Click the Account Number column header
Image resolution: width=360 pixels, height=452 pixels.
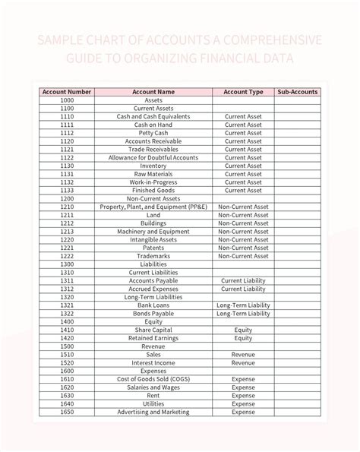pos(67,92)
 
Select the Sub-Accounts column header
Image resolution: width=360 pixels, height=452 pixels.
pos(297,92)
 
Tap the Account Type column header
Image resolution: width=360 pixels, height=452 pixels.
pos(243,92)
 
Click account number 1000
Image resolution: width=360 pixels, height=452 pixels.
pos(67,100)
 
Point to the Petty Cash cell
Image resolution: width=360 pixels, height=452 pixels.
pos(153,133)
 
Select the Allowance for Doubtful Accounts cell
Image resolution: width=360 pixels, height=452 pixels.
pos(153,157)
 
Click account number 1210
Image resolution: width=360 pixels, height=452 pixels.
pos(67,207)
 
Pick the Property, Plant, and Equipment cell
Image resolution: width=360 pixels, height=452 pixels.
pos(153,207)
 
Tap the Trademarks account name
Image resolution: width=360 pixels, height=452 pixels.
pos(153,256)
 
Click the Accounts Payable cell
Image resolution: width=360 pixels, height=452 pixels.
pos(153,281)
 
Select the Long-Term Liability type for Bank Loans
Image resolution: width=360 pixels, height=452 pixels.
pos(243,305)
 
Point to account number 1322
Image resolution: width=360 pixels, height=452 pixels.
pos(67,314)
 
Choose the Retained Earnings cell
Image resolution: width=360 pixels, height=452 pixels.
pos(153,338)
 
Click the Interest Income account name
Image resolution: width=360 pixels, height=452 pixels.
pos(153,363)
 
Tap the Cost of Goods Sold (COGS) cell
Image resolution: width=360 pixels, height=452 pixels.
pos(153,379)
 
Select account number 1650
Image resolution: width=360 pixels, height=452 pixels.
pos(67,412)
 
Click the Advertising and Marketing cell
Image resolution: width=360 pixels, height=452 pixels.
pos(153,412)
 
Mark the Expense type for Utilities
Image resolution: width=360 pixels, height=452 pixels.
pos(243,404)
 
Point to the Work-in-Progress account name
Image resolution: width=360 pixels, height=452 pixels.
pos(153,182)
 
